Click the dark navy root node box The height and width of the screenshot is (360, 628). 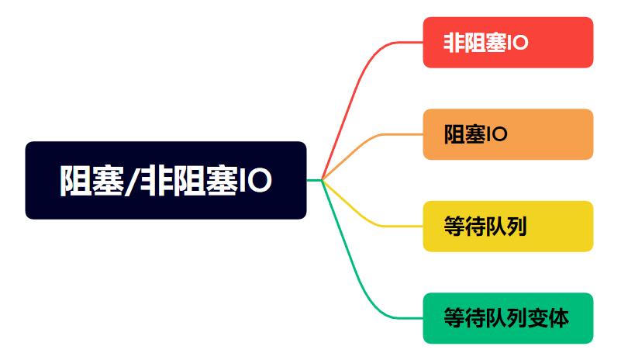pyautogui.click(x=166, y=181)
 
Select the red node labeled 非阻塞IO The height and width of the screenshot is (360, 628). pyautogui.click(x=508, y=43)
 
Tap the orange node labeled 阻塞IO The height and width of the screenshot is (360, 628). pyautogui.click(x=508, y=134)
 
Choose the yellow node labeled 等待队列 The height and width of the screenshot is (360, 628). pyautogui.click(x=508, y=226)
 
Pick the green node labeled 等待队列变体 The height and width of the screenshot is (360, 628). pyautogui.click(x=508, y=318)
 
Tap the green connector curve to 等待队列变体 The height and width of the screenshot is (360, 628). pyautogui.click(x=353, y=268)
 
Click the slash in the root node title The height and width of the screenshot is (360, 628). pyautogui.click(x=132, y=182)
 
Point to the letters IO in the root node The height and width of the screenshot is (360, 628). pyautogui.click(x=256, y=181)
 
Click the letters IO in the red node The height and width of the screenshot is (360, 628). pyautogui.click(x=518, y=43)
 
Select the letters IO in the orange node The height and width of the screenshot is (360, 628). pyautogui.click(x=497, y=134)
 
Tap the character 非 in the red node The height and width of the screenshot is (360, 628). pyautogui.click(x=454, y=43)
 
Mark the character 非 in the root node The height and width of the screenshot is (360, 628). pyautogui.click(x=156, y=181)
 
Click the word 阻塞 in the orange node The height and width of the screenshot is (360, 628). pyautogui.click(x=465, y=134)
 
